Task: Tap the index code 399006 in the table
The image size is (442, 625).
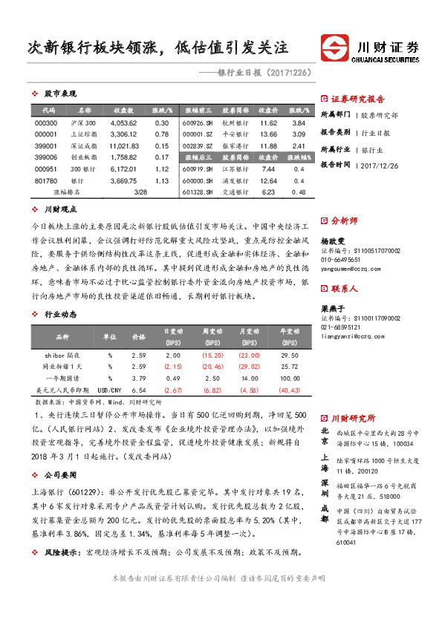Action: [x=45, y=157]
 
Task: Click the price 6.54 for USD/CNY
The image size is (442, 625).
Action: [x=138, y=389]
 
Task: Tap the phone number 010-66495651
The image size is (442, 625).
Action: [x=341, y=261]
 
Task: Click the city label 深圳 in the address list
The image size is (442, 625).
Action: [x=325, y=488]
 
